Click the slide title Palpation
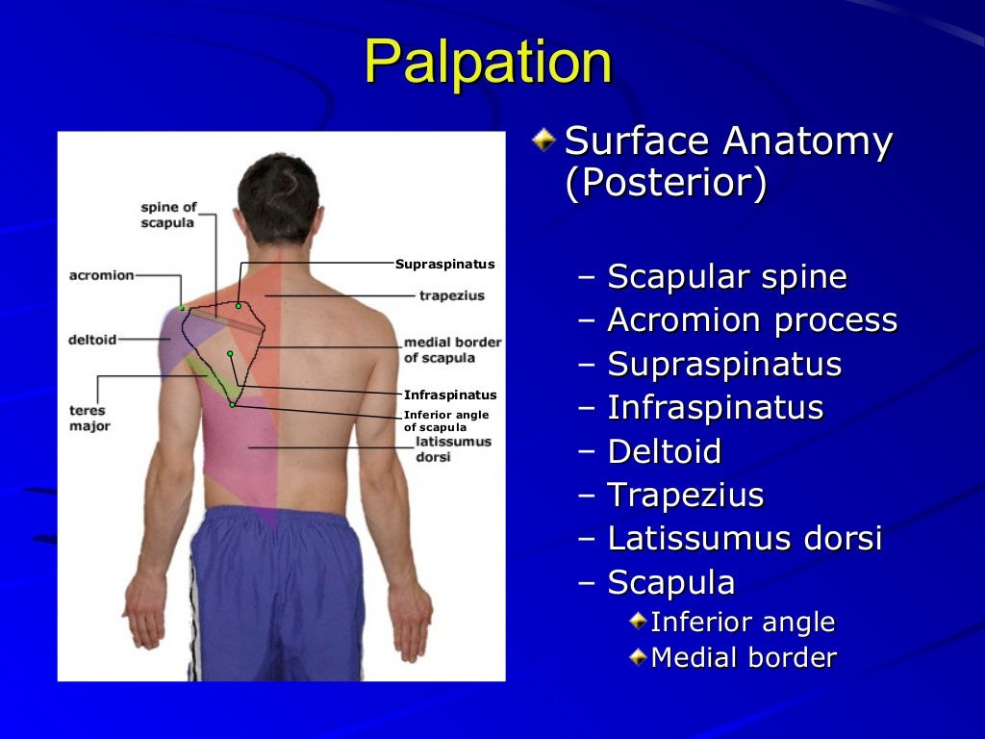click(x=488, y=63)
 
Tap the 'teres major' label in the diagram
click(x=88, y=418)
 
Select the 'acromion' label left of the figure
click(x=101, y=275)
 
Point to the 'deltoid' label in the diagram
click(x=92, y=340)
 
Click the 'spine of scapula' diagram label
click(x=167, y=215)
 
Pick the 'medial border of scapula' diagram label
click(x=452, y=350)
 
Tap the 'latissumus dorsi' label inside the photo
click(x=453, y=448)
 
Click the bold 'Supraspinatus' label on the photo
click(x=444, y=264)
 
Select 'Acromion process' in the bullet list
click(x=752, y=320)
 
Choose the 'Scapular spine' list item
click(x=727, y=277)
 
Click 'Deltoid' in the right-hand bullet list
click(x=664, y=451)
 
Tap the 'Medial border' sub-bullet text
click(x=744, y=658)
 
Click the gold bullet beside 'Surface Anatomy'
click(x=544, y=140)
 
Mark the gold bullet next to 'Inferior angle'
click(x=639, y=622)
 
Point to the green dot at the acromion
click(x=182, y=308)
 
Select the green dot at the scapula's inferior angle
click(x=232, y=405)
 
